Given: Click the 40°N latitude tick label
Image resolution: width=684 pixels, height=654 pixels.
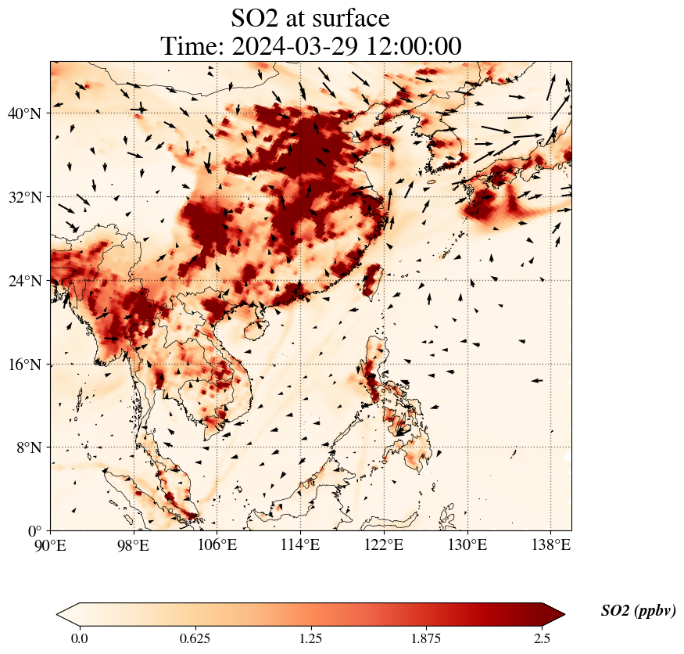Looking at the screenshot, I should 24,113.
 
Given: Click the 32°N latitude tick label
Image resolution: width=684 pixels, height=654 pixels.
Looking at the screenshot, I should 24,197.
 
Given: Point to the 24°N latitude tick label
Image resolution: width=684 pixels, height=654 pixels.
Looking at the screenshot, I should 24,281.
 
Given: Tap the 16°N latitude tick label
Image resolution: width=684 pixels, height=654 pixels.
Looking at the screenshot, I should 24,365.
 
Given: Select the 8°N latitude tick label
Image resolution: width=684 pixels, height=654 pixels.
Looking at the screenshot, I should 28,447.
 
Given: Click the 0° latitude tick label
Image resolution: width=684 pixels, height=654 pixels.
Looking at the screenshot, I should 35,531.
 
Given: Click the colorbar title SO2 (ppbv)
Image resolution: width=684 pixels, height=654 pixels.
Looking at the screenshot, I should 638,611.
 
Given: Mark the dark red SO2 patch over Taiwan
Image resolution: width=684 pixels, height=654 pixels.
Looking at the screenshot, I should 371,280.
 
